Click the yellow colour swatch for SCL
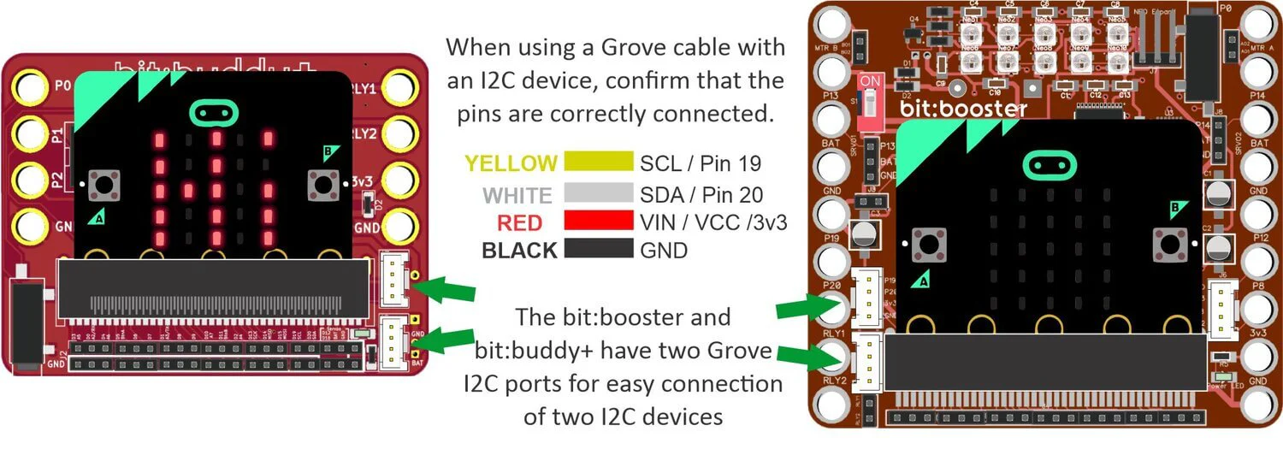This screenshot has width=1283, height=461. [x=596, y=162]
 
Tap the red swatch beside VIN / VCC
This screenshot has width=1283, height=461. [x=596, y=222]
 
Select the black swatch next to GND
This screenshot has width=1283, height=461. [x=596, y=250]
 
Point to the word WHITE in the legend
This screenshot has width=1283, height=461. [x=517, y=195]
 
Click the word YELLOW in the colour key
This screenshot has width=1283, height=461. [x=511, y=163]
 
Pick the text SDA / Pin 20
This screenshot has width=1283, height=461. [x=701, y=194]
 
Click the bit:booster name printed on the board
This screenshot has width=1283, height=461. [x=963, y=109]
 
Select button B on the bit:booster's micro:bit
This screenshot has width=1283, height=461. [x=1168, y=245]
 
